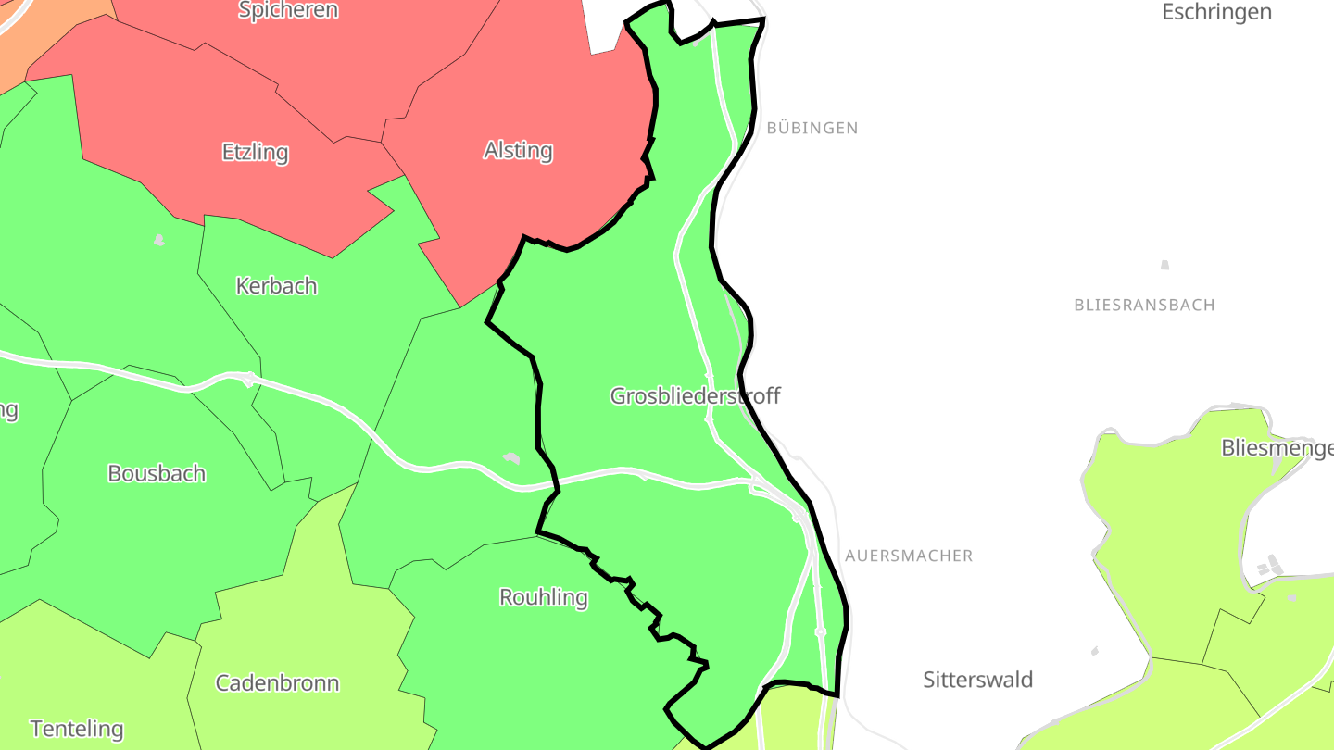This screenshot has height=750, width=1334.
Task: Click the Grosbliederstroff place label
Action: point(695,396)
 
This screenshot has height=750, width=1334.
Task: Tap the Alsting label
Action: point(518,150)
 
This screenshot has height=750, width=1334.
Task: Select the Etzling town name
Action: point(256,152)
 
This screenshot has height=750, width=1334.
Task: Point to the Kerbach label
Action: point(276,286)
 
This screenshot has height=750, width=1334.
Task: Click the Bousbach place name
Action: point(157,473)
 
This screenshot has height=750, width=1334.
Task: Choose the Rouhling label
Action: point(544,597)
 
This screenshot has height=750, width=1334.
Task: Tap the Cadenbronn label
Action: point(277,683)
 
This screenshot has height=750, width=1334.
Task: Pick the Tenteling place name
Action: point(77,729)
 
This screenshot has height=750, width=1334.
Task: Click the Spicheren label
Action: point(288,10)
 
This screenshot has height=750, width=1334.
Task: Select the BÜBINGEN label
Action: point(812,128)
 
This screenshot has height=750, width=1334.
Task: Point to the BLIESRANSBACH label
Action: point(1144,305)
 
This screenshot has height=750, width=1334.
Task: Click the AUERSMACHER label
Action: point(909,556)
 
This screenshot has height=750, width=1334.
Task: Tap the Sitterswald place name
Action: point(977,680)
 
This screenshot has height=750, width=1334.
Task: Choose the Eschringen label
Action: point(1216,12)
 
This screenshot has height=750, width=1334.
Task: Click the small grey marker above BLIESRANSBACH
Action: point(1164,265)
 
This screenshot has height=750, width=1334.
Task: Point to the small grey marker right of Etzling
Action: point(159,241)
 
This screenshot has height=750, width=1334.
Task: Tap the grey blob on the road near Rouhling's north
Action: point(511,458)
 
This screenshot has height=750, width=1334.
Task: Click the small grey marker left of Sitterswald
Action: point(1095,651)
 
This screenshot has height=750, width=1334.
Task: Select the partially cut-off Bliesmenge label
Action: point(1277,448)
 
